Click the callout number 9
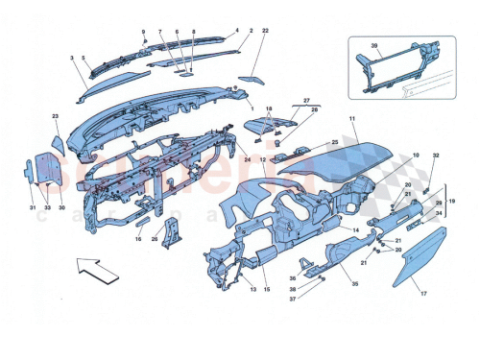(x=143, y=34)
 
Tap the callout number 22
(x=265, y=32)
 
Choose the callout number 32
(x=435, y=155)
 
